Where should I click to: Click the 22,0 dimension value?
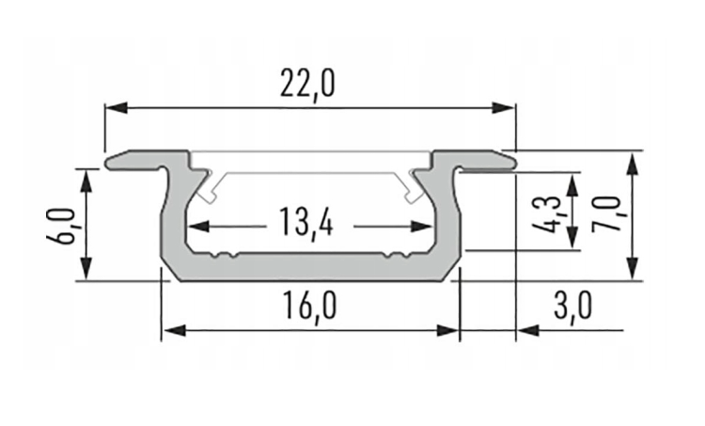click(x=307, y=86)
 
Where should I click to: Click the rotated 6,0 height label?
click(x=61, y=226)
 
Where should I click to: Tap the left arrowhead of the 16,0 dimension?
click(x=171, y=330)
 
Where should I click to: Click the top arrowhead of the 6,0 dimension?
click(x=87, y=176)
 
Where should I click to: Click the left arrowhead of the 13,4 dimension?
click(x=196, y=226)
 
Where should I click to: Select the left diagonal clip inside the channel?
click(x=211, y=189)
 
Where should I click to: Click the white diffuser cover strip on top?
click(x=311, y=161)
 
